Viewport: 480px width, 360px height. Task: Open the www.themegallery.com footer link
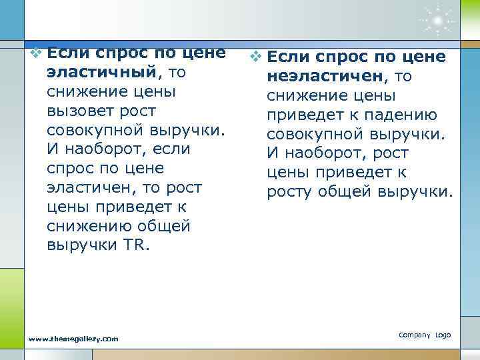74,339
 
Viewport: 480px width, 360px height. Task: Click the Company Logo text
425,334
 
